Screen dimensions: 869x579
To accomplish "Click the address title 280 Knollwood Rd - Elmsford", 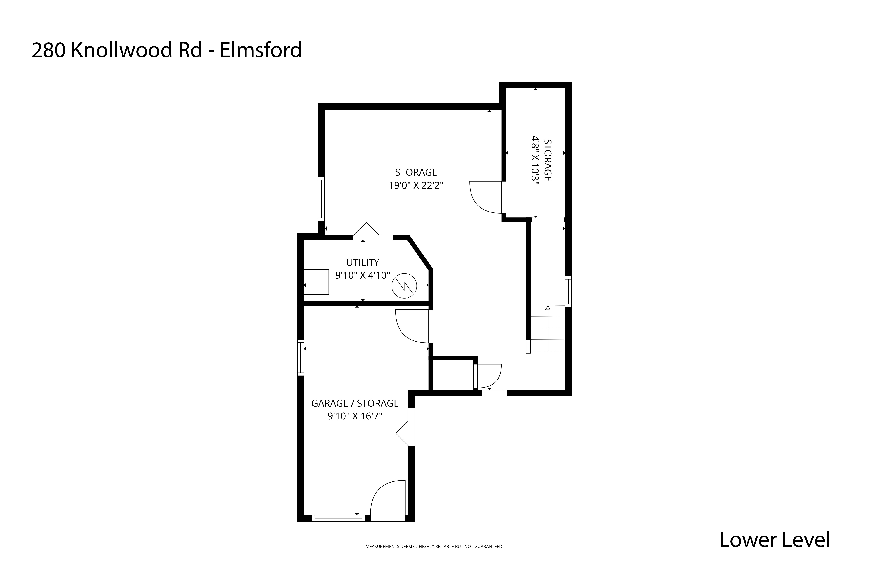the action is (x=166, y=50).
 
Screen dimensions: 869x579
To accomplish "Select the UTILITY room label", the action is (x=363, y=262).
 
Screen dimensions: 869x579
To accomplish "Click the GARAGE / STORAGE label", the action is (x=355, y=403).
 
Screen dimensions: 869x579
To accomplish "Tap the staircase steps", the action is (x=548, y=328).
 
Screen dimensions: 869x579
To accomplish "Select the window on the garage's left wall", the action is (x=301, y=357).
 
